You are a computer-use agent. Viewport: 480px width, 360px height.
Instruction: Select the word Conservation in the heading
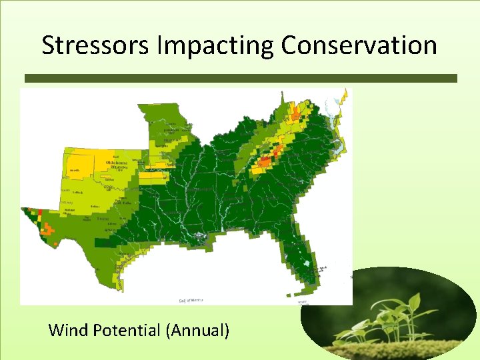pos(359,45)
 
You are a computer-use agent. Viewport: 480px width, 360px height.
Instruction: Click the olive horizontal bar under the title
pos(240,78)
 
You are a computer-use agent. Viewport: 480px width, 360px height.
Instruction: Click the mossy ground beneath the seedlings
pos(400,348)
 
